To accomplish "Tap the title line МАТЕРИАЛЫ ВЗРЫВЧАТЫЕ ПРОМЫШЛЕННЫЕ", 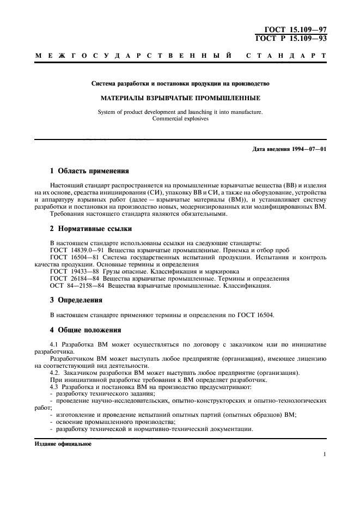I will pyautogui.click(x=180, y=99).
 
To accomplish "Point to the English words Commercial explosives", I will pyautogui.click(x=180, y=118).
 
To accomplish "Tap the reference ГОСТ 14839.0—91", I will pyautogui.click(x=77, y=250).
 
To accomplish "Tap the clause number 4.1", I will pyautogui.click(x=53, y=345).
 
